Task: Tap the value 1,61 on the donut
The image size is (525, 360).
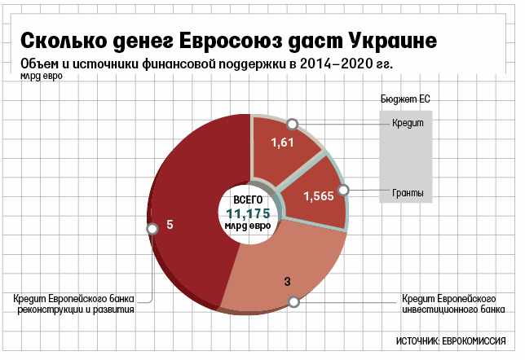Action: click(x=281, y=143)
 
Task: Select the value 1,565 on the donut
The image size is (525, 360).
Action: click(x=318, y=195)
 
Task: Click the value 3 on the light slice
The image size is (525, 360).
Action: click(x=287, y=282)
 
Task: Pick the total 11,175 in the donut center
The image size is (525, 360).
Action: click(x=249, y=213)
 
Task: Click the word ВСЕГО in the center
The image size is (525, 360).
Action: click(x=249, y=199)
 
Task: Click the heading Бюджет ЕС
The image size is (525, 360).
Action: click(x=405, y=99)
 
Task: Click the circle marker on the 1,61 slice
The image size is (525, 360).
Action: click(x=291, y=123)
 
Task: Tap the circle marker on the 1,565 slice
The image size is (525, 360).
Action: click(x=343, y=191)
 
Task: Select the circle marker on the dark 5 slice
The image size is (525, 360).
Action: click(x=151, y=229)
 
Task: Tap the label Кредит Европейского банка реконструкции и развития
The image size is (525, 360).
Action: click(x=73, y=303)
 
